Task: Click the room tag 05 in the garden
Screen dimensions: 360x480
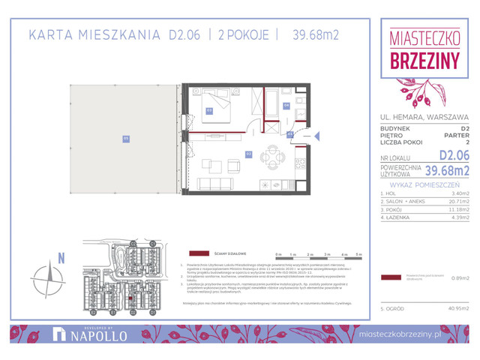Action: (x=126, y=138)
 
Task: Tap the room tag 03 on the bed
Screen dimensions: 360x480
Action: (x=209, y=111)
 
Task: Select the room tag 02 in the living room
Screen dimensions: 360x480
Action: (x=249, y=154)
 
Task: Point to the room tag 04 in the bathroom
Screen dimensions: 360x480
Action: (x=286, y=106)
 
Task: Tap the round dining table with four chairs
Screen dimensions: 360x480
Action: (x=274, y=157)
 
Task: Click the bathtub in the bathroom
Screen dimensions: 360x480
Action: (x=270, y=101)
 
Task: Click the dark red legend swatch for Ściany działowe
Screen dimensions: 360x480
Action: (x=200, y=253)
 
